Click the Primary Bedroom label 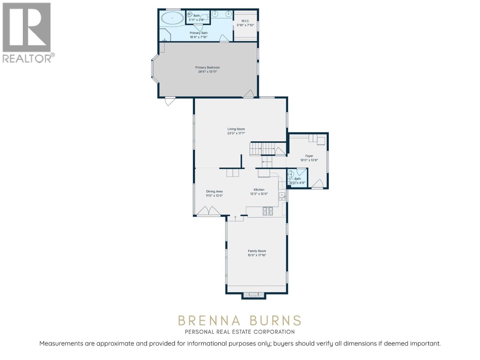[x=207, y=67]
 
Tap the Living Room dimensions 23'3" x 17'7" [x=236, y=133]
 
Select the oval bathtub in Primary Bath [x=172, y=18]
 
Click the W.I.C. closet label [x=245, y=21]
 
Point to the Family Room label [x=257, y=251]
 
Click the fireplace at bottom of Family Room [x=254, y=295]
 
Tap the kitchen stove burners [x=268, y=211]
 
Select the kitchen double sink [x=282, y=196]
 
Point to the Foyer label [x=309, y=156]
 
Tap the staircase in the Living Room [x=262, y=149]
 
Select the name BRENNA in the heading [x=209, y=321]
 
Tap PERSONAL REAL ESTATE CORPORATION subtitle [x=240, y=332]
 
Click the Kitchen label [x=259, y=190]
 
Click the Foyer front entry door [x=317, y=184]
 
